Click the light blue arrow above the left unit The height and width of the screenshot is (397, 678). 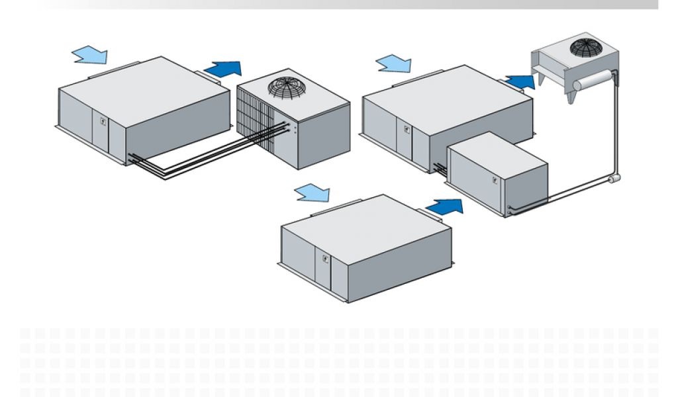[89, 54]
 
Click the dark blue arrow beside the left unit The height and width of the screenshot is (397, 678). [222, 68]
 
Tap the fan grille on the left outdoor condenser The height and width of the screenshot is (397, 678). [286, 87]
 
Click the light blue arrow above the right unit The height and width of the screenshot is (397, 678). [393, 64]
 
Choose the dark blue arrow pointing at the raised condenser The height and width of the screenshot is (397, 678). [520, 81]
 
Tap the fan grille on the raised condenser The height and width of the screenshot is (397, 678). [585, 47]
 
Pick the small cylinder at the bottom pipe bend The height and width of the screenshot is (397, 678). [613, 179]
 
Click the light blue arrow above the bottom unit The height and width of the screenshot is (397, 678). [312, 193]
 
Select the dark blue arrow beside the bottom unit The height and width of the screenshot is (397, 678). [444, 206]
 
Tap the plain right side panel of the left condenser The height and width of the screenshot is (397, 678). [324, 132]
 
